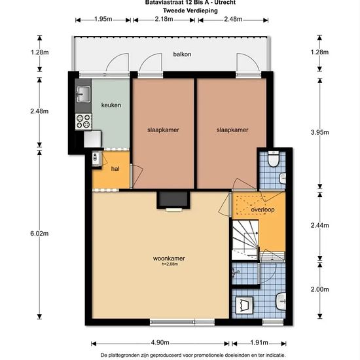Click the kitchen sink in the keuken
click(83, 94)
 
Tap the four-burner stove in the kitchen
click(83, 122)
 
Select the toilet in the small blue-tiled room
click(273, 158)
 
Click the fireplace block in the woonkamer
click(173, 200)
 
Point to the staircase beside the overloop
click(245, 240)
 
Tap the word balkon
click(182, 54)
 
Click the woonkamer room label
click(169, 259)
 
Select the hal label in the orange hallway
click(115, 169)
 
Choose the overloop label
click(262, 209)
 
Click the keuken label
click(111, 105)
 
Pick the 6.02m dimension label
click(39, 234)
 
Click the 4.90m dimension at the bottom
click(160, 342)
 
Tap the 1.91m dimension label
click(259, 342)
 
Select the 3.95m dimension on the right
click(320, 132)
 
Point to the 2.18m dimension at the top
click(164, 19)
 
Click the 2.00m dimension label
click(320, 289)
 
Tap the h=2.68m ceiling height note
click(170, 264)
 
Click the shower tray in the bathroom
click(245, 306)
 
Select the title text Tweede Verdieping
click(190, 10)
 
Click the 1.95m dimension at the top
click(103, 19)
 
